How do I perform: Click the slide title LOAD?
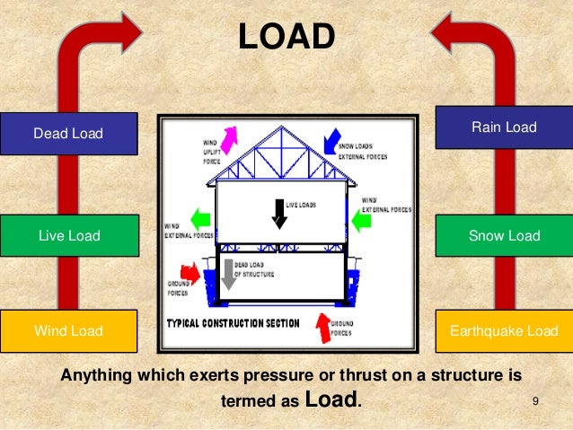[x=286, y=38]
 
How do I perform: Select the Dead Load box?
[x=68, y=134]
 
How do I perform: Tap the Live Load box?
[x=68, y=236]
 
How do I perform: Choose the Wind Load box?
[x=68, y=331]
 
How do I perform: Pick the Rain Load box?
[x=504, y=127]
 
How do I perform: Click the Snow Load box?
[x=504, y=236]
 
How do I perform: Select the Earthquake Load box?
[x=504, y=331]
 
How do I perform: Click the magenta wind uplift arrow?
[x=229, y=138]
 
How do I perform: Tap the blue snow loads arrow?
[x=333, y=137]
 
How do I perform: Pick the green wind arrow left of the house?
[x=202, y=218]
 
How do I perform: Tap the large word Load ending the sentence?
[x=332, y=399]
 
